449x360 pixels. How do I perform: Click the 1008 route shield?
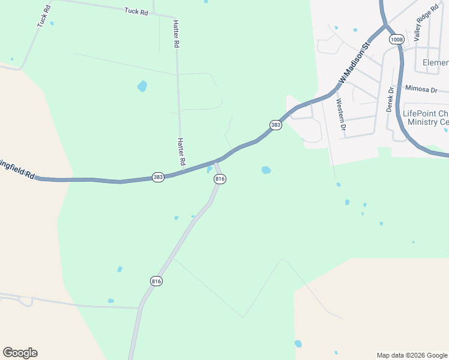click(x=396, y=40)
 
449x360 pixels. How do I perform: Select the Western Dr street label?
click(x=341, y=114)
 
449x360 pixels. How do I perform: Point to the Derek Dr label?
click(x=390, y=99)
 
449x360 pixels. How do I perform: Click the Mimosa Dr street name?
click(x=421, y=89)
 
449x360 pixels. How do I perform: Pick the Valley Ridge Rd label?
click(x=427, y=23)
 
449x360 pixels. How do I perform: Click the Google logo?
click(x=20, y=353)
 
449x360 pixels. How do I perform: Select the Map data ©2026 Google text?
click(x=412, y=355)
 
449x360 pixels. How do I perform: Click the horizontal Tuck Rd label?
click(x=136, y=11)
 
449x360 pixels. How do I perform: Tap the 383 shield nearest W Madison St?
click(x=276, y=125)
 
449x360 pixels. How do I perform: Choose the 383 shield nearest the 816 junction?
click(x=158, y=178)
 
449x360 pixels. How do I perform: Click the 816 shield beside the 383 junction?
click(x=220, y=179)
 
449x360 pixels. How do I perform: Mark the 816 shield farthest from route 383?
click(x=157, y=281)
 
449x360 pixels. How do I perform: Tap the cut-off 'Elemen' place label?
click(x=435, y=62)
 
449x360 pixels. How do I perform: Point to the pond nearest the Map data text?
click(x=298, y=344)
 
